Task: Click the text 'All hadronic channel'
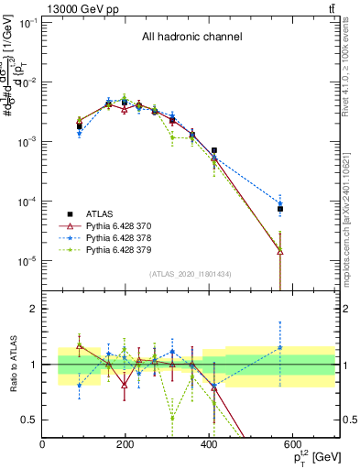click(x=191, y=38)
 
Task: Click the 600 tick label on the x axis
click(x=293, y=444)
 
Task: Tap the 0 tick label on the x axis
click(x=42, y=444)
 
